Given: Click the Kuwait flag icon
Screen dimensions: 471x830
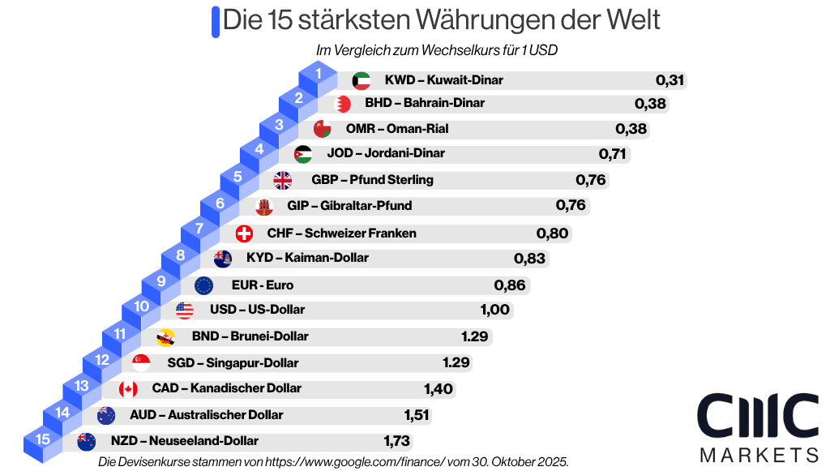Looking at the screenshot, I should tap(362, 80).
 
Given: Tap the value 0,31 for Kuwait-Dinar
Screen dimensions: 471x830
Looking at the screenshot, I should tap(670, 80).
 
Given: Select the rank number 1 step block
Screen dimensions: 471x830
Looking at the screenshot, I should tap(319, 75).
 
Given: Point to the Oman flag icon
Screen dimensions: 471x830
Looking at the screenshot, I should tap(322, 129).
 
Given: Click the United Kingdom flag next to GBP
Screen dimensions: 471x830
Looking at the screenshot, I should tap(282, 180).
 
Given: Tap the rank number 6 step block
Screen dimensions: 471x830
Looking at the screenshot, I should tap(220, 203).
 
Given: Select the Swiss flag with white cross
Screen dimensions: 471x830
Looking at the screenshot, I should tap(243, 233).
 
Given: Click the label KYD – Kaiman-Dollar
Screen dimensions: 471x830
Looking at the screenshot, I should tap(307, 258).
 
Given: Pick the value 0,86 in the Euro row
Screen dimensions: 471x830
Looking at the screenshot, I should tap(510, 285).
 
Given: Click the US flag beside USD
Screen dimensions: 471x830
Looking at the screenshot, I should tap(185, 310).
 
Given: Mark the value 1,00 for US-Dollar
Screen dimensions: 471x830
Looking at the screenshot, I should tap(494, 310).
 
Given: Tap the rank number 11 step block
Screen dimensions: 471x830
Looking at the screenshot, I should tap(120, 333).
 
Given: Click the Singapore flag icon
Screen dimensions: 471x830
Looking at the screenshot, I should tap(140, 362).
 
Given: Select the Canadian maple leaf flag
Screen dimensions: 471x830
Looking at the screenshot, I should tap(128, 389).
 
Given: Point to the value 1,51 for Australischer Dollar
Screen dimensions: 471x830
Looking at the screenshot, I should tap(417, 415).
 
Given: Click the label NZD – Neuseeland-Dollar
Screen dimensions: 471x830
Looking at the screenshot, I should tap(185, 441).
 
